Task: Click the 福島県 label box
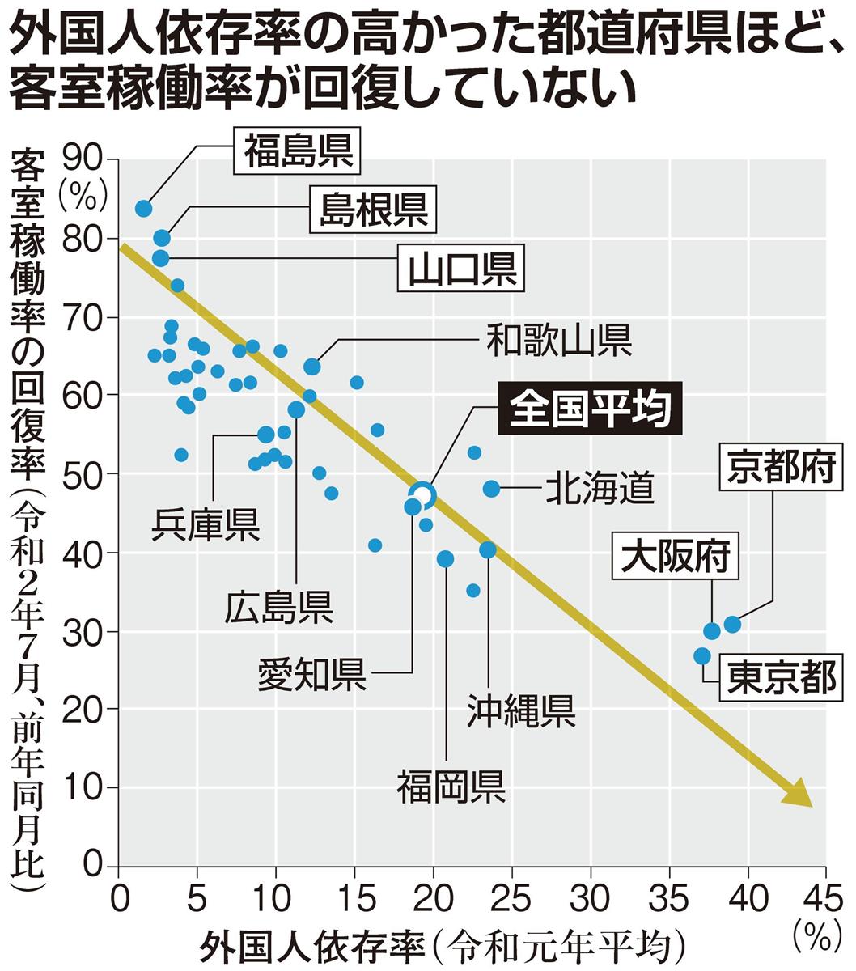pos(299,151)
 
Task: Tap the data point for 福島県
pos(144,209)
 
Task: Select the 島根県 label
pos(372,210)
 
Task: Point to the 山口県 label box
pos(462,269)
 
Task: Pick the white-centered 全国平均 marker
pos(422,494)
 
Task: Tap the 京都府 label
pos(780,469)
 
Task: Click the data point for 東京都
pos(702,655)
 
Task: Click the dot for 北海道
pos(491,489)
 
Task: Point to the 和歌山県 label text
pos(558,340)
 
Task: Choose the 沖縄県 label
pos(522,710)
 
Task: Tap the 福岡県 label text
pos(451,785)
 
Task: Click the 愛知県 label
pos(311,673)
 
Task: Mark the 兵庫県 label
pos(206,524)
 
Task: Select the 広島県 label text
pos(279,605)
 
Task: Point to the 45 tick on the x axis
pos(824,899)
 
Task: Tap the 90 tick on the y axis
pos(87,159)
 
